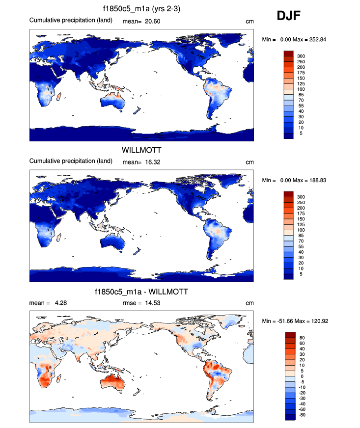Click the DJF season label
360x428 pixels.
[289, 16]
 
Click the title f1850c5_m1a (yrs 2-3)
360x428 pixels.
[141, 9]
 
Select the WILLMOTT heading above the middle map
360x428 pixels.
[141, 150]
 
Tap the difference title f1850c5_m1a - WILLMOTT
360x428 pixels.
[141, 292]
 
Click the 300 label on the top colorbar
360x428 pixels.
[301, 56]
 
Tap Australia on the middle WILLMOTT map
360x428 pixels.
[114, 242]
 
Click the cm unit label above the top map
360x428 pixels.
[249, 21]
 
